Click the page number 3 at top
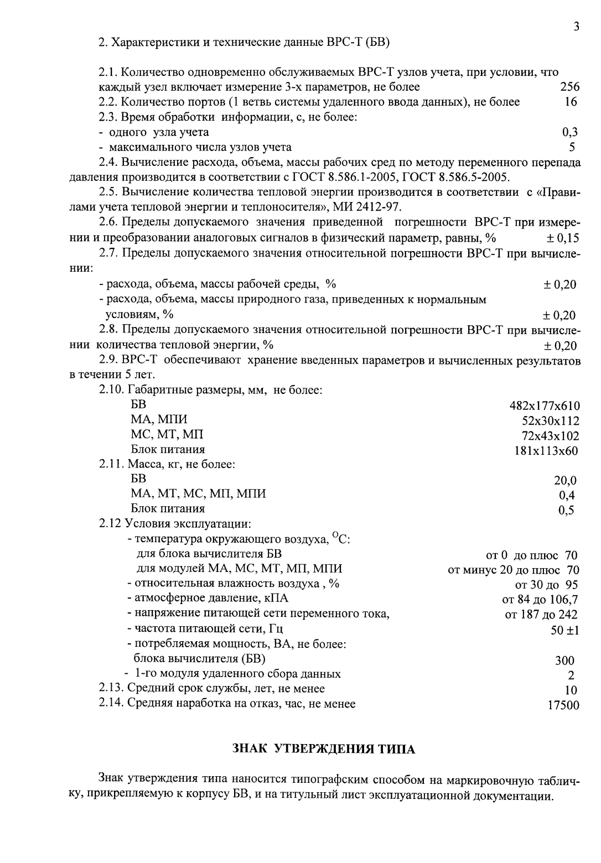click(x=576, y=26)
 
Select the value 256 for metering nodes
click(x=569, y=87)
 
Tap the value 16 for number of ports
click(x=571, y=102)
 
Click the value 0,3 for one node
click(x=570, y=132)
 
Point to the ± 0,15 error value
click(x=562, y=238)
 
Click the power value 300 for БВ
click(x=564, y=661)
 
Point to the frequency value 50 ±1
click(x=564, y=630)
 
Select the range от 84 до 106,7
click(x=540, y=600)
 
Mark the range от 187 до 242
click(x=541, y=615)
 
